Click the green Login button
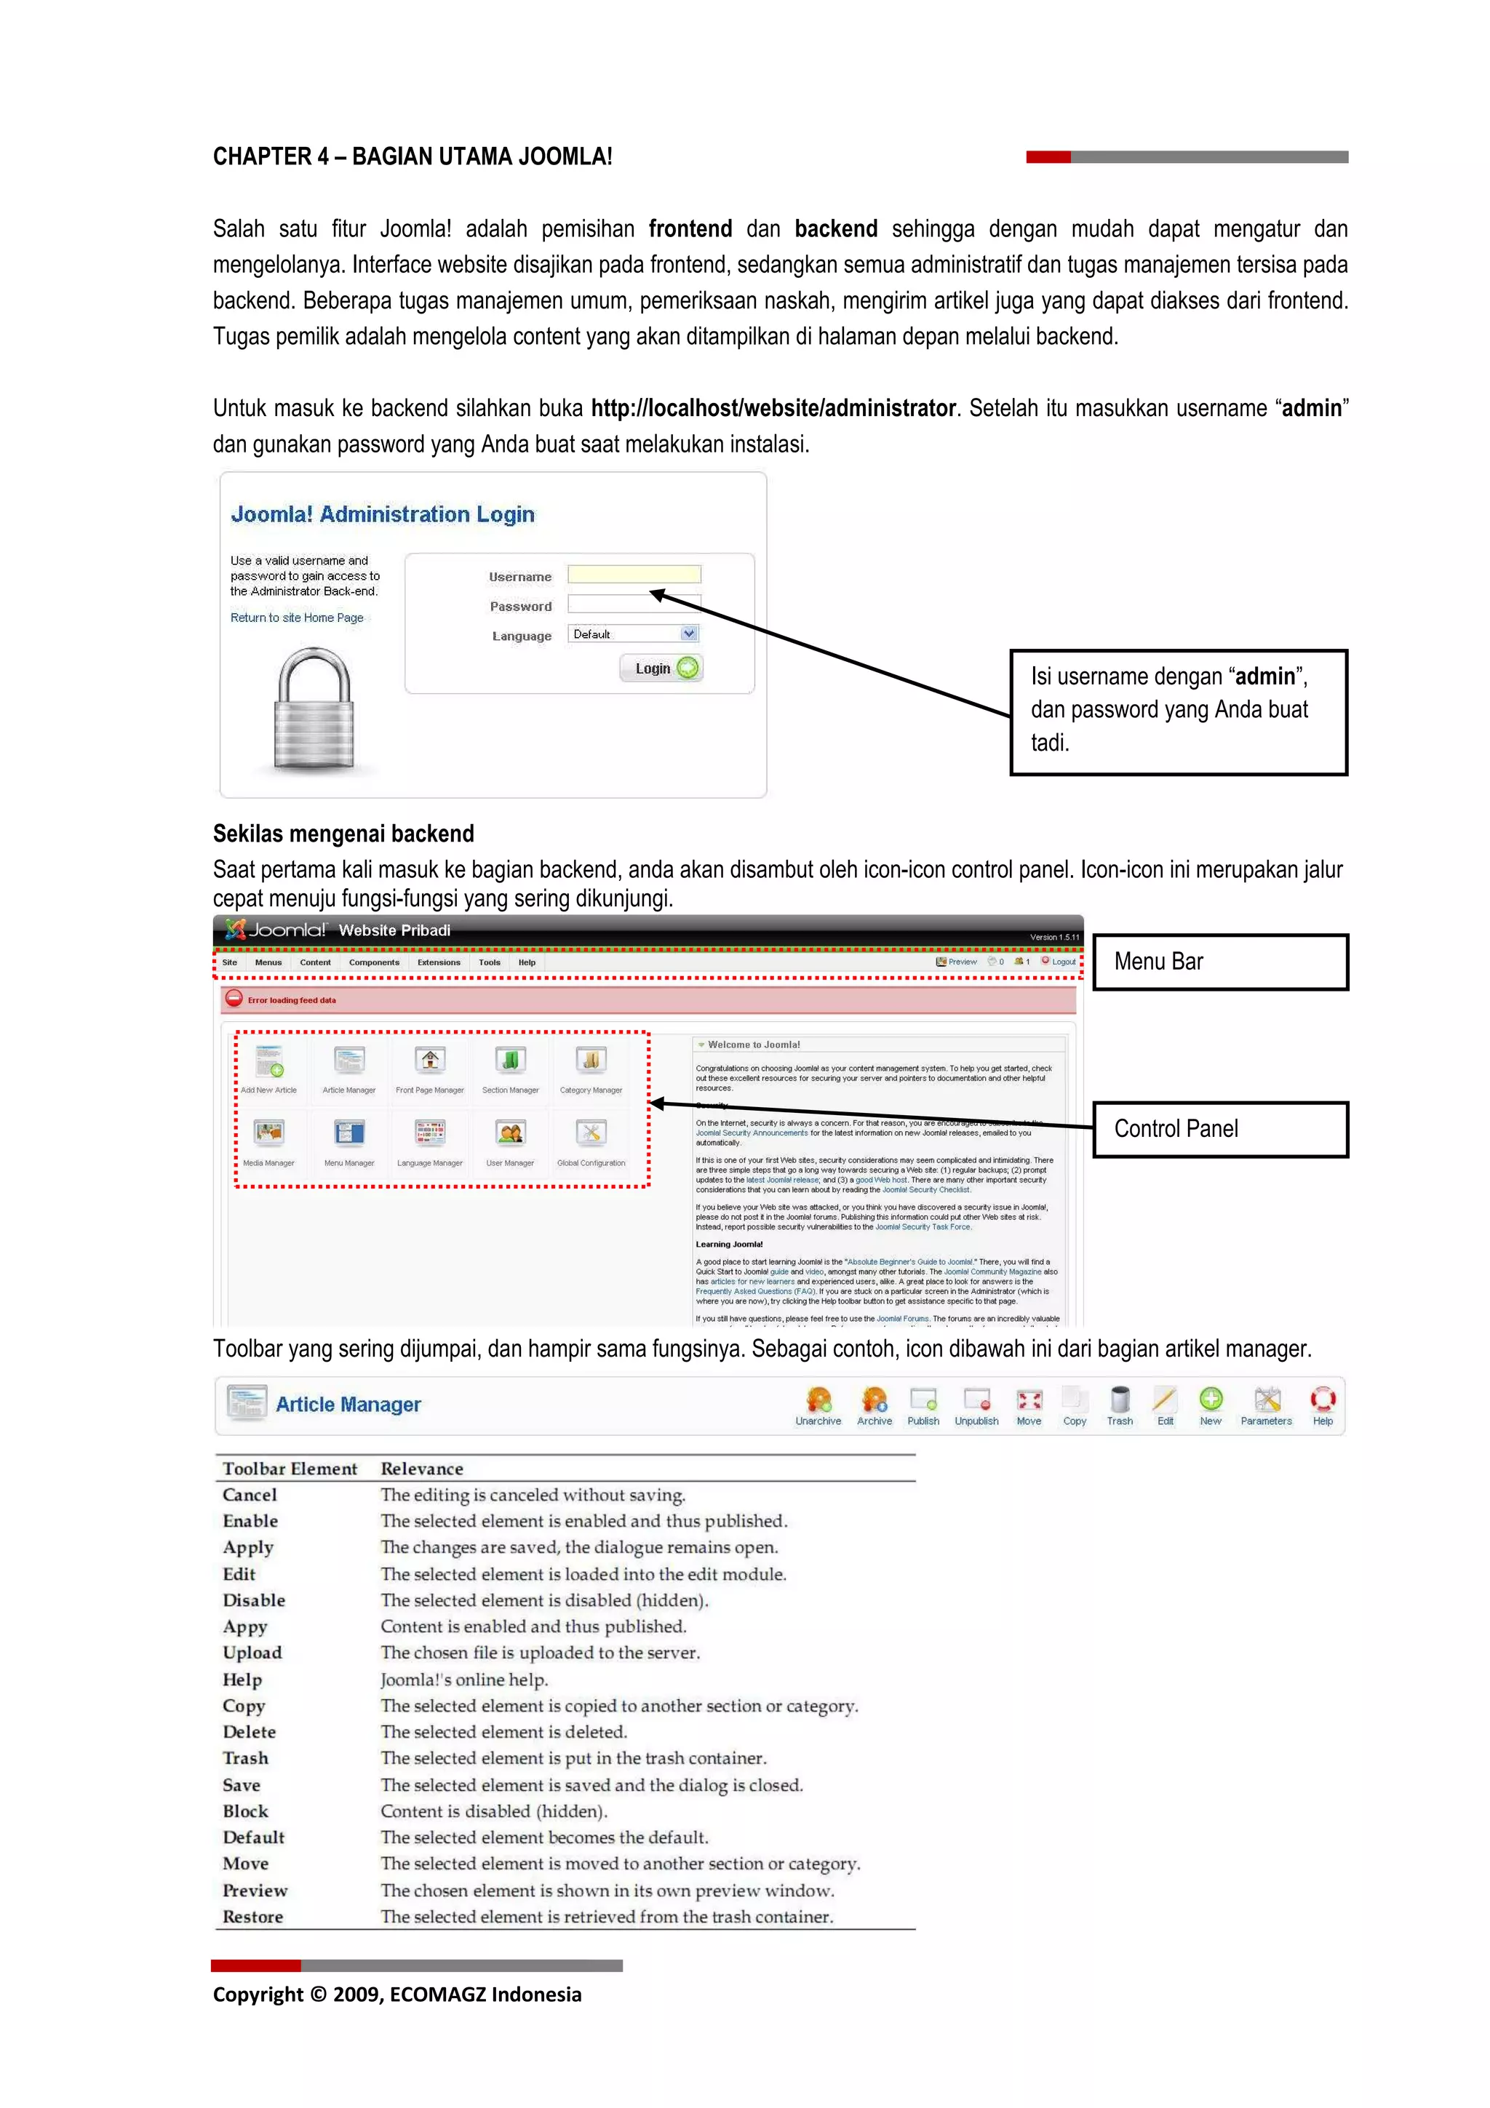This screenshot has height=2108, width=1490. [661, 668]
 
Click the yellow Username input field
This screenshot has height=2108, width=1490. [634, 575]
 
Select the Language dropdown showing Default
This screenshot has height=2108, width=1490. [634, 634]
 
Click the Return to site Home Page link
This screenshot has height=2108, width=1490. [297, 618]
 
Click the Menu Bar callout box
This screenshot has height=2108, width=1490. [1219, 962]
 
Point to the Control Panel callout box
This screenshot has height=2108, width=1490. [1219, 1128]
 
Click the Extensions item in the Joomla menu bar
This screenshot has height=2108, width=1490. [439, 962]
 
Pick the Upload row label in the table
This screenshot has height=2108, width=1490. [252, 1653]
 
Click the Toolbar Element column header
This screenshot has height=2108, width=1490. [289, 1469]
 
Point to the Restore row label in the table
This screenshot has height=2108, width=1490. [252, 1917]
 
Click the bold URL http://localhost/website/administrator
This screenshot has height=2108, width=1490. [773, 409]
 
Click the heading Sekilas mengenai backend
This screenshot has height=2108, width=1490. [343, 834]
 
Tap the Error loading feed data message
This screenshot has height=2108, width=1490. [291, 1000]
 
